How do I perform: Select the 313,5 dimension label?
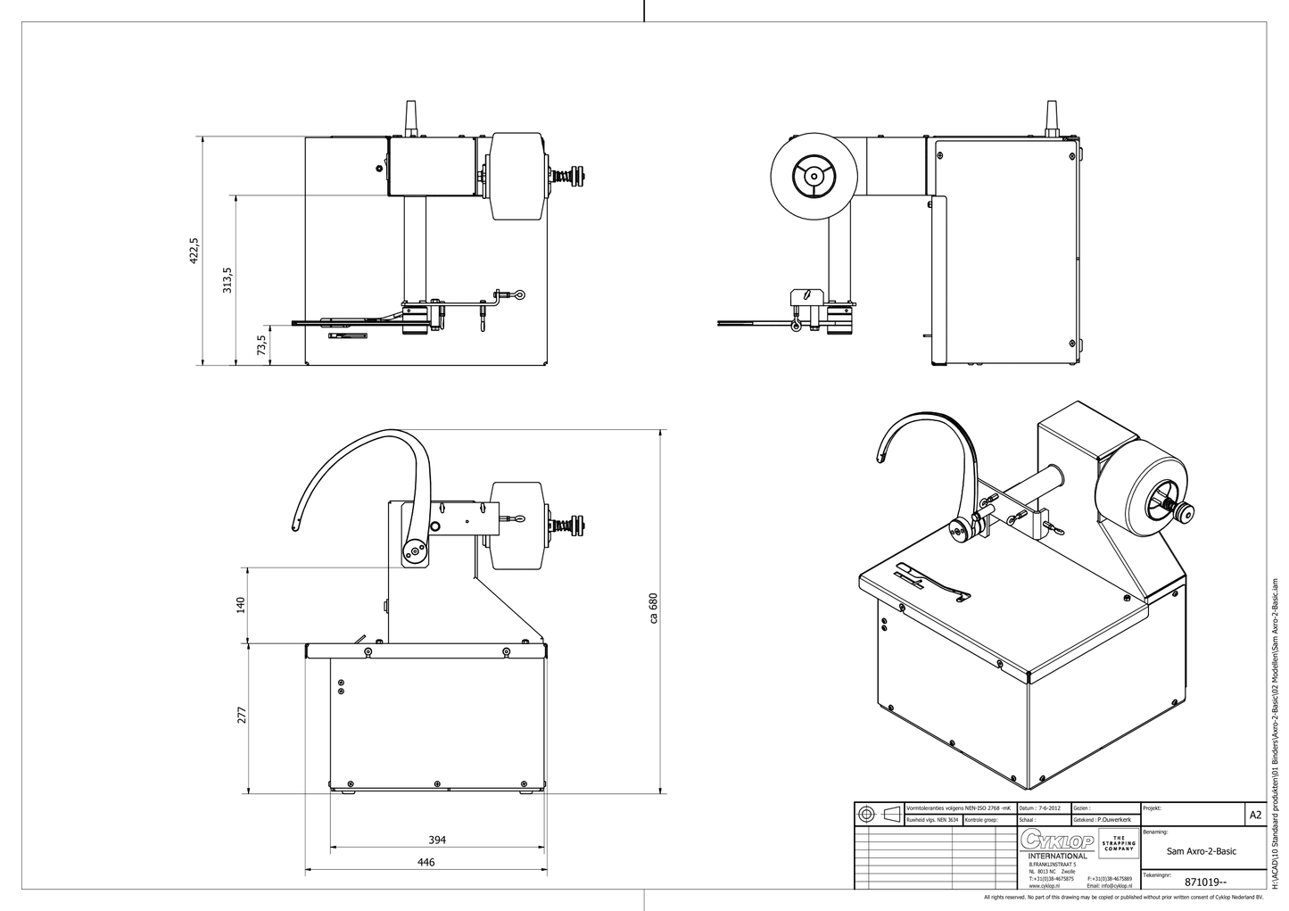pyautogui.click(x=227, y=280)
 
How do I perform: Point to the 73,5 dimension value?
pyautogui.click(x=260, y=344)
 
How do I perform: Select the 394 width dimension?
pyautogui.click(x=437, y=840)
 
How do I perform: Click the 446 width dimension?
pyautogui.click(x=426, y=862)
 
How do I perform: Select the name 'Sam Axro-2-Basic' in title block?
pyautogui.click(x=1202, y=851)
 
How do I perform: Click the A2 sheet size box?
pyautogui.click(x=1255, y=815)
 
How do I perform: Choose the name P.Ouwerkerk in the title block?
pyautogui.click(x=1115, y=819)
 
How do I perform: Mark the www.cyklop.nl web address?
pyautogui.click(x=1044, y=886)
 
